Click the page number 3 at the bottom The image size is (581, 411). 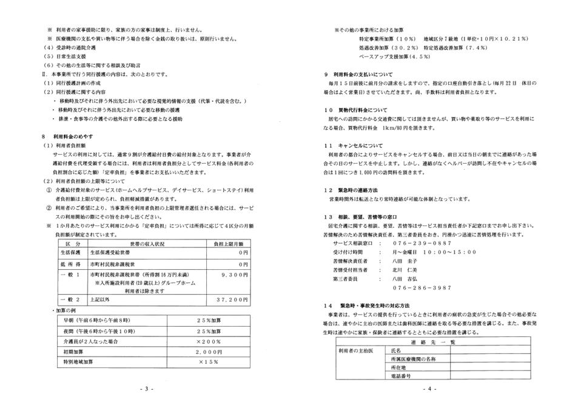click(x=146, y=389)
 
